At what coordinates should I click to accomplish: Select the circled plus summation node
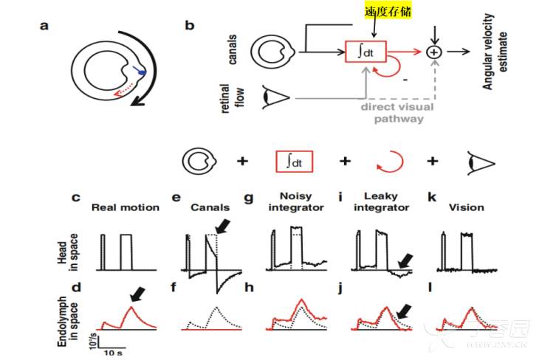tap(434, 51)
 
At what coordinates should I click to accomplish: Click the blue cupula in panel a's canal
tap(140, 71)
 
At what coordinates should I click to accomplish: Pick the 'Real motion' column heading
tap(125, 207)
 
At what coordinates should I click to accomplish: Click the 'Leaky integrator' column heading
tap(380, 202)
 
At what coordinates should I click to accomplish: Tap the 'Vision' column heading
tap(466, 207)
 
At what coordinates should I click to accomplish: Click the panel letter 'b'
tap(190, 26)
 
